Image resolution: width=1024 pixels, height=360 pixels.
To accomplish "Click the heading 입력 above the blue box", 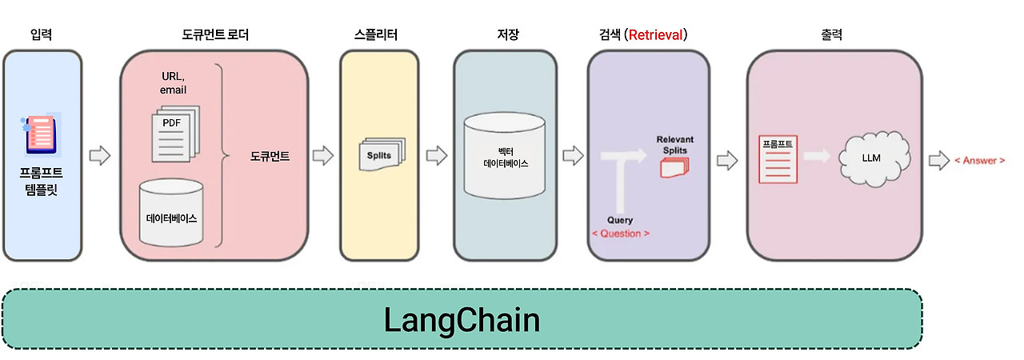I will click(x=42, y=34).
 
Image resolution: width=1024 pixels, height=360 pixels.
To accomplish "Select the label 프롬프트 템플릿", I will click(x=42, y=182).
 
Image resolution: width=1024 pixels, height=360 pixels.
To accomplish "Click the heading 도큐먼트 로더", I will click(x=214, y=34).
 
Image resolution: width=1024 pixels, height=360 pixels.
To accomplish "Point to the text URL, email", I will click(x=174, y=82).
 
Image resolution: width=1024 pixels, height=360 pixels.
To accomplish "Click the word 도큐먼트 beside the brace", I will click(x=270, y=157).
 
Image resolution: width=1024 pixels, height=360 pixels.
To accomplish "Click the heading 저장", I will click(x=507, y=34).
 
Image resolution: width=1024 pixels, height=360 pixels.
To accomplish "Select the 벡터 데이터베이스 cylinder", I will click(x=506, y=156).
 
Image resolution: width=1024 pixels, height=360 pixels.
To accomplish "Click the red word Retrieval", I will click(x=657, y=34).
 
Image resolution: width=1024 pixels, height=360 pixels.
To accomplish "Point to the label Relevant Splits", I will click(x=674, y=145).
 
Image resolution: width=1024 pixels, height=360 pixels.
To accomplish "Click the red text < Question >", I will click(x=620, y=233).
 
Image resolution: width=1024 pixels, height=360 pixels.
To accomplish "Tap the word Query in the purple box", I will click(x=620, y=220).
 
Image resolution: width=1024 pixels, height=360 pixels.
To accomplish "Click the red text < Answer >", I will click(x=980, y=161).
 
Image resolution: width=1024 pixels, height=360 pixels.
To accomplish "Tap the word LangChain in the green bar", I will click(x=462, y=320).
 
